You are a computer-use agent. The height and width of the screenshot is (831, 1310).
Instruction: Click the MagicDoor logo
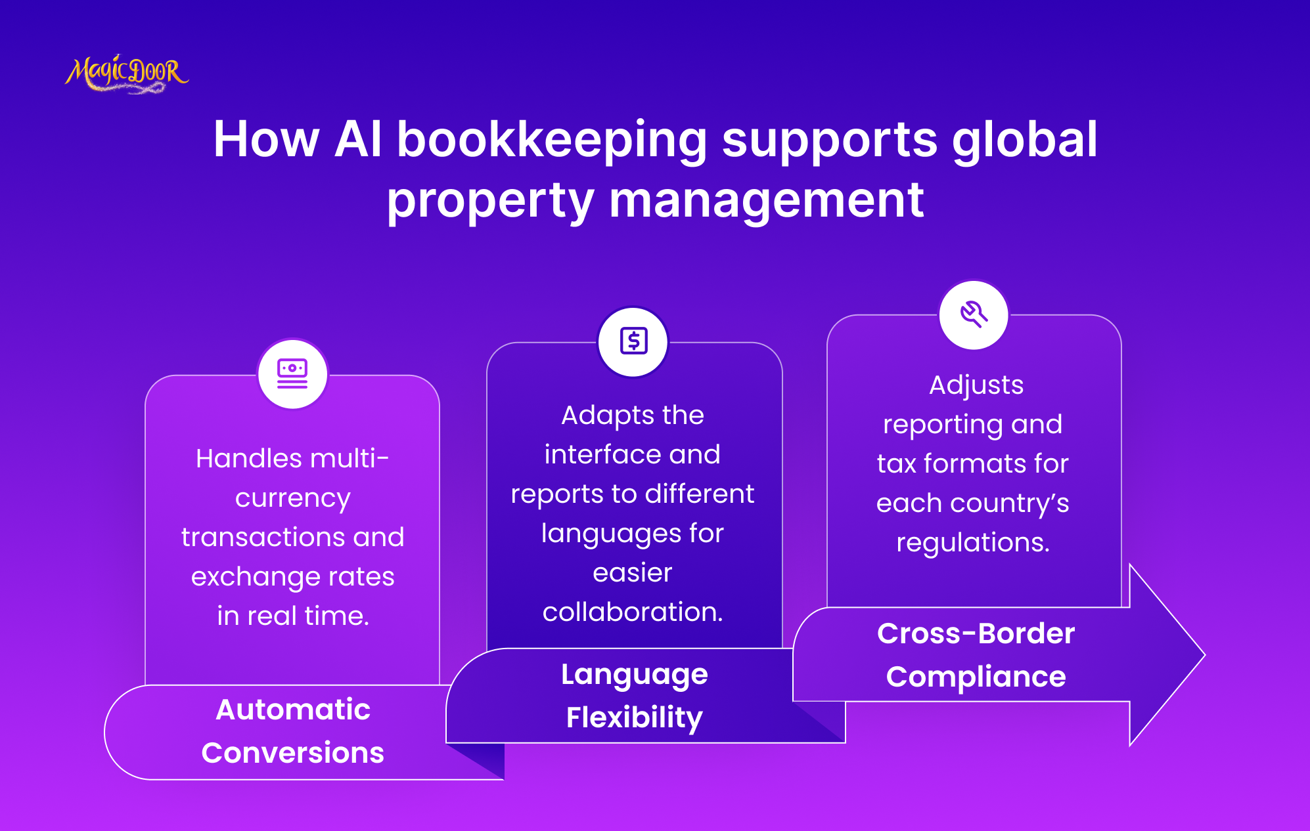126,74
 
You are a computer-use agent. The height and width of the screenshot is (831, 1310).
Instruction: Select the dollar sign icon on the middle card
633,341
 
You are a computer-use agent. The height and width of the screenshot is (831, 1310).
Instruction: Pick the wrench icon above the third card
974,314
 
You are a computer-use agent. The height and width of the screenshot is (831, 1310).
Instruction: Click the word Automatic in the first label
293,710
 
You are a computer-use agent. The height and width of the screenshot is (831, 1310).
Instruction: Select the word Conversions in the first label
293,753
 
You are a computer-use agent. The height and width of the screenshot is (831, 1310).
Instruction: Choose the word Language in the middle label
635,675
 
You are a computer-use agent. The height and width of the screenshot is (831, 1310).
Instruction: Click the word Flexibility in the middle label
635,717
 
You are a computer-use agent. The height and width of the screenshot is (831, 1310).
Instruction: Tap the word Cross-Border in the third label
976,633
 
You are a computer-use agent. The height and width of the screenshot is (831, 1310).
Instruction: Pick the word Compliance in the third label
976,677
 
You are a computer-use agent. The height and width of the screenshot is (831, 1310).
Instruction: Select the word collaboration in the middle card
632,612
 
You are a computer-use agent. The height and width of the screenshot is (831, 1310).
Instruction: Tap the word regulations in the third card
972,543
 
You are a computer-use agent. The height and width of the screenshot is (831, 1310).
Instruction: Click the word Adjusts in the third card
976,385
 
